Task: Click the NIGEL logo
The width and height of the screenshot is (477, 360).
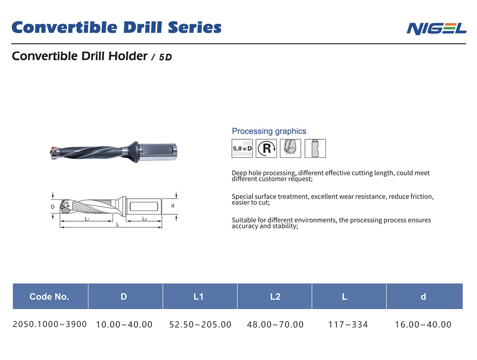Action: (436, 28)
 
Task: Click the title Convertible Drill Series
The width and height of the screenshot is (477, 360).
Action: (116, 27)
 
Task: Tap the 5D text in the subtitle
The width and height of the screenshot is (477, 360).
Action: (165, 57)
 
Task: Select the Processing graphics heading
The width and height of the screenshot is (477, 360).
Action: (269, 131)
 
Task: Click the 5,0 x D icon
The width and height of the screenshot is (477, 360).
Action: (242, 148)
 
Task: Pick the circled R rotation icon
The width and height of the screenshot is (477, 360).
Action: (266, 148)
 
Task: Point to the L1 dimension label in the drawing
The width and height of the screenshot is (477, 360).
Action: (87, 219)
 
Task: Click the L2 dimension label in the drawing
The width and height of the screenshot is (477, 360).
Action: (144, 219)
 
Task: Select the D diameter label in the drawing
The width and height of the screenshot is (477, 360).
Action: (52, 207)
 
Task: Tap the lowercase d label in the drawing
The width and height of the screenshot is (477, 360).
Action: (173, 206)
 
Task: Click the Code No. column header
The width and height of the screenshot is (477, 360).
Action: (49, 297)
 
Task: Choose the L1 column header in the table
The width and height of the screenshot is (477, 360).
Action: (199, 297)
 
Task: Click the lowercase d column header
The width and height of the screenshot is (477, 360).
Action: (423, 297)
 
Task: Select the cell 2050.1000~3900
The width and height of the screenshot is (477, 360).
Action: (50, 324)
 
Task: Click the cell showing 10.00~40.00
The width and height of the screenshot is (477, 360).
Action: (124, 324)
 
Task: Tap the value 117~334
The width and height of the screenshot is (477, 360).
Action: (348, 324)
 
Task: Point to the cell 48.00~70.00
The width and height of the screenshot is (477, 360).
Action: (275, 324)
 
